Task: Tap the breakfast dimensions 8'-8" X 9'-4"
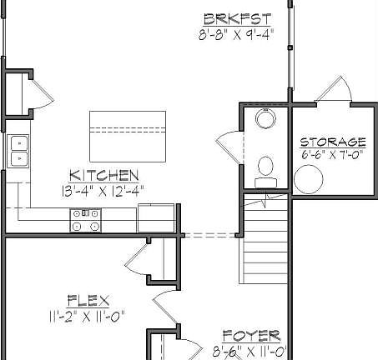point(236,34)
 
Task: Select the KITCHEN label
point(103,175)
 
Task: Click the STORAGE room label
point(333,142)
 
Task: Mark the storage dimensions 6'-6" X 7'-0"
point(333,154)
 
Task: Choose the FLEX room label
point(88,299)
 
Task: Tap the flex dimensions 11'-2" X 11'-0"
point(87,315)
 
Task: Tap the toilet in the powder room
point(266,167)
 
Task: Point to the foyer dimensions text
point(250,351)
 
